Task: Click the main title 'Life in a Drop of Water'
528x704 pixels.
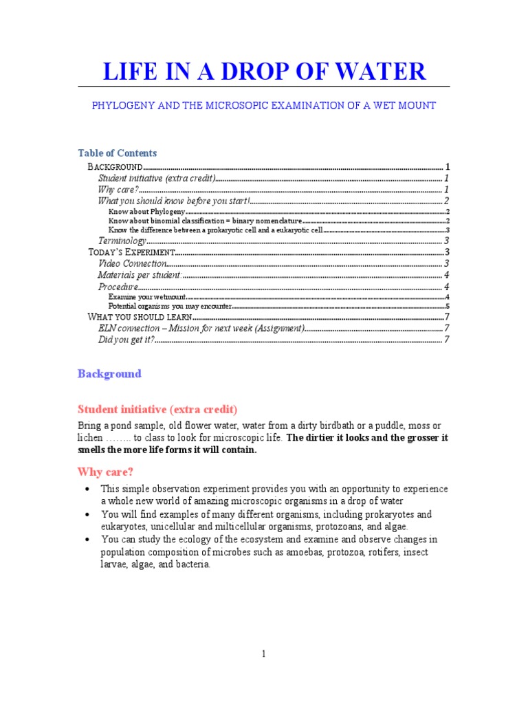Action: click(x=264, y=71)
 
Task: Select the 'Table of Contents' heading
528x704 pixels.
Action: click(x=117, y=153)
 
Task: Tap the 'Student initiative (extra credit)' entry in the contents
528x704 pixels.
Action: click(x=157, y=178)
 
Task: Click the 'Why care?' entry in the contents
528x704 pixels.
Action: click(x=118, y=189)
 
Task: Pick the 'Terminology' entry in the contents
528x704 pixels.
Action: click(x=122, y=241)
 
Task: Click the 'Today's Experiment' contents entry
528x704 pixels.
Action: click(x=131, y=252)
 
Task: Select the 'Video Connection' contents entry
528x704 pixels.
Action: click(x=132, y=263)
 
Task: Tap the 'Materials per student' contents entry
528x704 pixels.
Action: click(x=140, y=275)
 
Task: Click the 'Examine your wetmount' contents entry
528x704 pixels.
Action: click(x=147, y=297)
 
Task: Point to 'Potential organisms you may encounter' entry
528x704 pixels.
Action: click(x=170, y=307)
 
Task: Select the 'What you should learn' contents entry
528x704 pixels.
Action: click(x=139, y=317)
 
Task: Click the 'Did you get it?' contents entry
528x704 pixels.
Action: click(x=126, y=340)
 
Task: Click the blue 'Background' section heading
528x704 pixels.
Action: click(x=109, y=374)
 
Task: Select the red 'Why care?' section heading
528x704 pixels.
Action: click(x=105, y=472)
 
